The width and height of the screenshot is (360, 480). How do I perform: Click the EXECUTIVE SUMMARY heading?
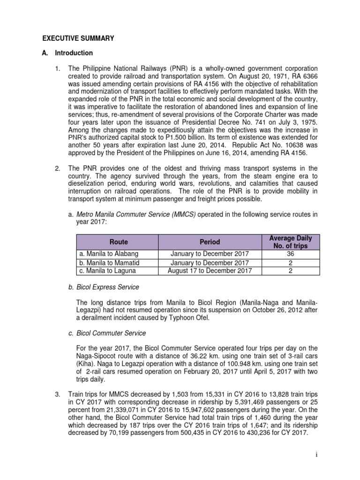78,39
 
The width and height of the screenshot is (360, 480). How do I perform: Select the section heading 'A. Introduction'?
69,53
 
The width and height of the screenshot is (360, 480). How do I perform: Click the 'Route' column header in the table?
118,242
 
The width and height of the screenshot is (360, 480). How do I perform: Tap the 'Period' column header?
210,242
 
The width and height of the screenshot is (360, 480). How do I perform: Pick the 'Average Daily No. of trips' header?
291,242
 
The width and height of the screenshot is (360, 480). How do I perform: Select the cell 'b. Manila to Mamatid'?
109,262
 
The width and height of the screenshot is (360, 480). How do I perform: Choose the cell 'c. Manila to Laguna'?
107,270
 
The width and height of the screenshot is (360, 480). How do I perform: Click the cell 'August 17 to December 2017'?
210,270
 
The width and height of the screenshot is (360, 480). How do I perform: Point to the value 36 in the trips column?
291,254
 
